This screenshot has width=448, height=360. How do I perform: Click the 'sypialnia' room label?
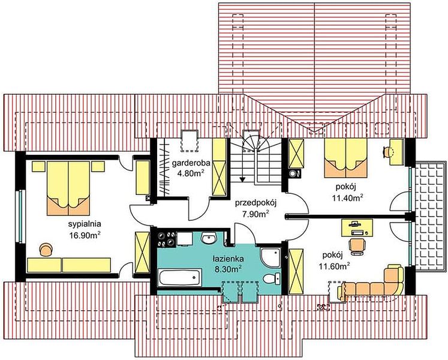[85, 224]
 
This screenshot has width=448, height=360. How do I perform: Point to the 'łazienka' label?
[228, 259]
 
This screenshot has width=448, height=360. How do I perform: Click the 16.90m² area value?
[85, 235]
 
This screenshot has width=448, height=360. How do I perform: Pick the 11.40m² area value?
[348, 197]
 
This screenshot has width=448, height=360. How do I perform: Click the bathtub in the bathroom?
[180, 277]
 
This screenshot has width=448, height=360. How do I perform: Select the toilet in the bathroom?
[272, 278]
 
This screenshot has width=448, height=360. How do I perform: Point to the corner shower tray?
[270, 257]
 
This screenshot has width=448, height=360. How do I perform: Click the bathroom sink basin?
[209, 238]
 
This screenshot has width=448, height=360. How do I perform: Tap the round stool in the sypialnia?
[46, 249]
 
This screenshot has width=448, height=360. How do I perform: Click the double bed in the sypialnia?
[68, 188]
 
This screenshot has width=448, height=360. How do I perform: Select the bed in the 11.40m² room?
[345, 158]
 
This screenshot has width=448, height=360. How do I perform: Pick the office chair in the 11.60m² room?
[357, 247]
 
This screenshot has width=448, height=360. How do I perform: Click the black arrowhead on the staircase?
[242, 179]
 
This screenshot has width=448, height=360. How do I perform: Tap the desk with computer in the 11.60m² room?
[357, 227]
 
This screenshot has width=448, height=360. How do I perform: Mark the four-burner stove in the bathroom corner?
[166, 238]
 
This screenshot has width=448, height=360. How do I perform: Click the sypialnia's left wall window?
[20, 217]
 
